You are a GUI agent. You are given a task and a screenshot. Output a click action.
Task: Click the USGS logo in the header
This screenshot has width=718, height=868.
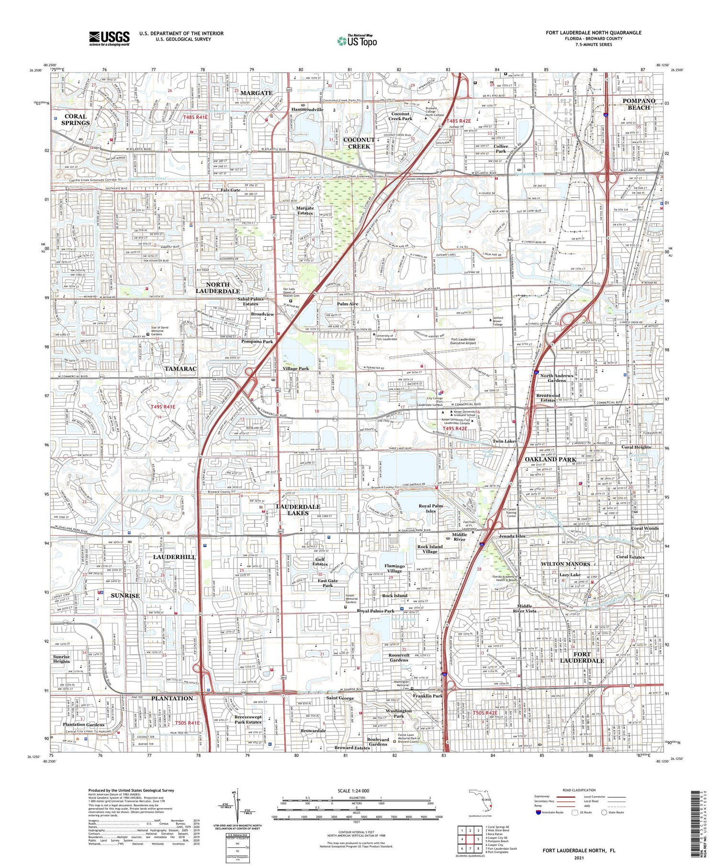(109, 38)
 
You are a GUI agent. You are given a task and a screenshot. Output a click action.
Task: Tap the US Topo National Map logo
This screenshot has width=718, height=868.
(357, 41)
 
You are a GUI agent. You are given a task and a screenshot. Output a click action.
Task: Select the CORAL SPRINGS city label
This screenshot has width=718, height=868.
(75, 119)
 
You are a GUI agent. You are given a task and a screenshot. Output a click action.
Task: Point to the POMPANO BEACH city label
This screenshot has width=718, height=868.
(639, 104)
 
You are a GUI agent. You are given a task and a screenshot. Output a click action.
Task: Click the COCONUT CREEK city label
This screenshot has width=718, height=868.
(359, 143)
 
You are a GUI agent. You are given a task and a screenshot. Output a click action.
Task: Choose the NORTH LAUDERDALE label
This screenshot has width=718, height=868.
(218, 287)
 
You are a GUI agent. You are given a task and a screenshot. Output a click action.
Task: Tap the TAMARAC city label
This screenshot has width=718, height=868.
(180, 369)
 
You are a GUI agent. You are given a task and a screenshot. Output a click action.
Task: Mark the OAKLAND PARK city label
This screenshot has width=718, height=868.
(550, 459)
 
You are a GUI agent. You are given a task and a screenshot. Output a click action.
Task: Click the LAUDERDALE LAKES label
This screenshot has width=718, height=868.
(298, 509)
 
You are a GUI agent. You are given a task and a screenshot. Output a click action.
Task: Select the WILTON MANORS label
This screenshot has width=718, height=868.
(565, 564)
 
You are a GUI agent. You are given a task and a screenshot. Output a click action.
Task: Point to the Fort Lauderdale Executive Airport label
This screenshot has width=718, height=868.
(463, 341)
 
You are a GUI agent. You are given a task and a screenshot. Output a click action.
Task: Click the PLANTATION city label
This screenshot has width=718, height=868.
(172, 698)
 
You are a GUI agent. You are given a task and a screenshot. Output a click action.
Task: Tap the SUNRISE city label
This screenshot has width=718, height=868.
(125, 596)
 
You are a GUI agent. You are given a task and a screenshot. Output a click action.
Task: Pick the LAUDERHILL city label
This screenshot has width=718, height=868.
(174, 557)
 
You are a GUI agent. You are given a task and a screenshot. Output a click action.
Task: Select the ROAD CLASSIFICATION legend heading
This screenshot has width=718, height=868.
(579, 790)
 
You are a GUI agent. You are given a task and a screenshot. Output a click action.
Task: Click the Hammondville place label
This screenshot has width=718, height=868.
(308, 109)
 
